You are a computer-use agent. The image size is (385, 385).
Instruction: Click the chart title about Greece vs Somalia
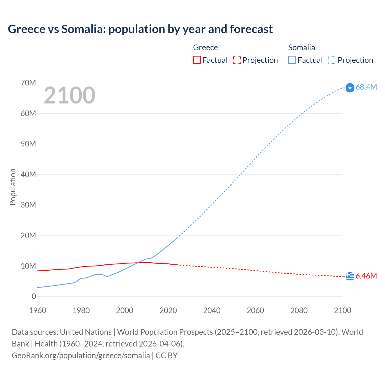click(140, 29)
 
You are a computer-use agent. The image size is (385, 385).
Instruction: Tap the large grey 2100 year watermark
click(69, 95)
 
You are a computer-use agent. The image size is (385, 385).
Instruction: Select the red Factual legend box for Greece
click(197, 60)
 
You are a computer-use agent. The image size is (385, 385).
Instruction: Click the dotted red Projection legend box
click(237, 60)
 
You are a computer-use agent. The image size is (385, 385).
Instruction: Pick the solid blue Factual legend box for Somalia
click(292, 60)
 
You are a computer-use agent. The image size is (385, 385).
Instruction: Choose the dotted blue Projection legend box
click(332, 60)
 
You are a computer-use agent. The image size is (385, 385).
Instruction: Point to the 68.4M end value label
click(366, 87)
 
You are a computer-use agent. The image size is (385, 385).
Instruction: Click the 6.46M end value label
click(366, 276)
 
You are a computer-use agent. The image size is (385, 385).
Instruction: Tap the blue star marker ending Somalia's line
click(350, 88)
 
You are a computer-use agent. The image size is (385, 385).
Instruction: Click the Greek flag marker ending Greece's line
click(350, 276)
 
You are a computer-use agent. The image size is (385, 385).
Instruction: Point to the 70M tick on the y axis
click(28, 83)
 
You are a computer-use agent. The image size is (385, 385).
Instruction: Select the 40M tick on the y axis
click(28, 174)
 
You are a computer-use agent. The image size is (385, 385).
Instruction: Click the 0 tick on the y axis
click(34, 296)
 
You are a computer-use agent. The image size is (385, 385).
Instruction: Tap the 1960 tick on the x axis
click(38, 310)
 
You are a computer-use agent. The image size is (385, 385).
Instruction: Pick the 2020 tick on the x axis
click(168, 310)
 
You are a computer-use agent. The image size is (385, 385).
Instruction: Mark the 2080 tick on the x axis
click(299, 310)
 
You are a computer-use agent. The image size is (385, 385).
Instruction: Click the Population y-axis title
click(13, 187)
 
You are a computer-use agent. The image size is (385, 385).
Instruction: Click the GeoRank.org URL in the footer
click(81, 356)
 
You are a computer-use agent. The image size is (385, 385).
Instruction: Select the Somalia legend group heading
click(301, 48)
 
